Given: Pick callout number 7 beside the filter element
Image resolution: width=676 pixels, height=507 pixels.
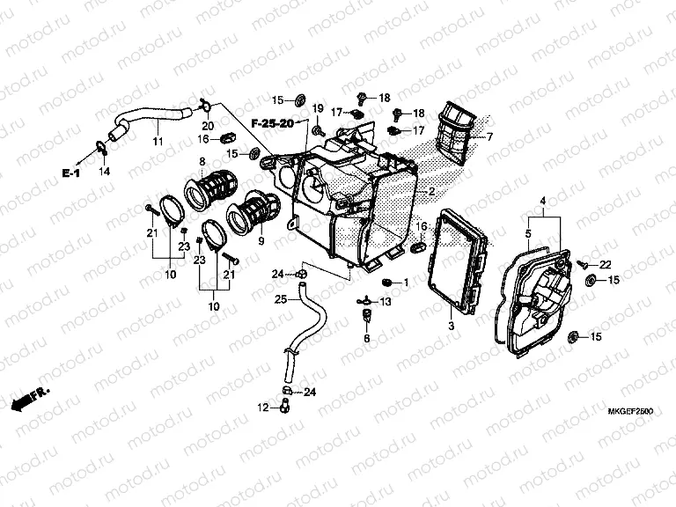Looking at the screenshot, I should [490, 136].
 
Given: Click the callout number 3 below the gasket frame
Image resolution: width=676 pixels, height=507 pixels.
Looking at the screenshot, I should [452, 327].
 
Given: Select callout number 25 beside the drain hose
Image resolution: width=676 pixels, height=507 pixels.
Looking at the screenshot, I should [280, 300].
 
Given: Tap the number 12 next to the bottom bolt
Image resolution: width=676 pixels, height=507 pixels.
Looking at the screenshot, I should [263, 408].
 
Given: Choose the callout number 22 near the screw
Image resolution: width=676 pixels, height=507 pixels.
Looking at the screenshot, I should [605, 265].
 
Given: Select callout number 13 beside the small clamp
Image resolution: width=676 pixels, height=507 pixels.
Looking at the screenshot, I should [384, 302].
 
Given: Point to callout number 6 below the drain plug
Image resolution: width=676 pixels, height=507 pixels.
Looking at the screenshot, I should [367, 338].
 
